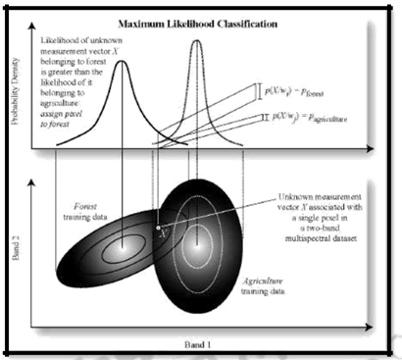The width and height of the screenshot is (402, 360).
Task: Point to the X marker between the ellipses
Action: (163, 231)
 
